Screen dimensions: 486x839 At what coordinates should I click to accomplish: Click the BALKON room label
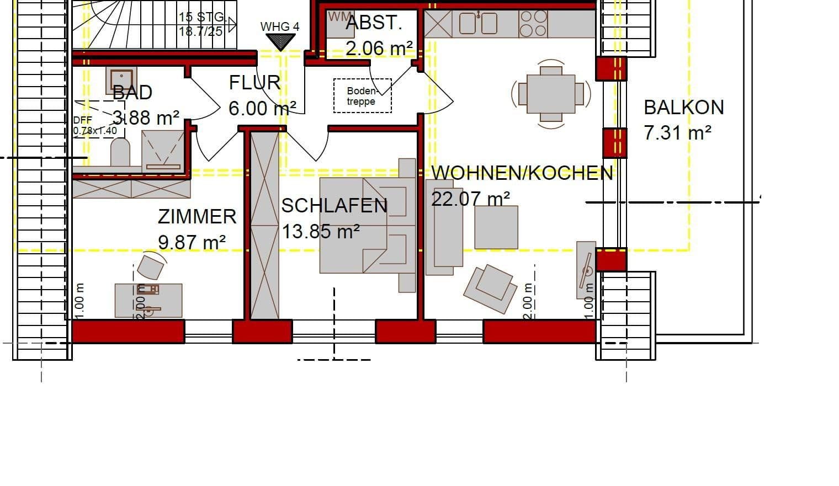coord(683,107)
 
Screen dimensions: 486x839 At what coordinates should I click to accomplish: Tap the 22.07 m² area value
coord(470,198)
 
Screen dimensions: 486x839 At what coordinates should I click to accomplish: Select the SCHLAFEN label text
coord(334,206)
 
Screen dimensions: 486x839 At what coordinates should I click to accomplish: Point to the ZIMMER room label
coord(197,216)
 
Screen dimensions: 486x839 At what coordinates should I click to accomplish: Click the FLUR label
coord(254,83)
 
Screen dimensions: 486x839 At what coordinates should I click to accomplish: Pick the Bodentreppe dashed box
coord(362,96)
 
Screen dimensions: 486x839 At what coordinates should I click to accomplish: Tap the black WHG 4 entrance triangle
coord(280,41)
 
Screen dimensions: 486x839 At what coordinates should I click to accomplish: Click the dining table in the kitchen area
coord(550,94)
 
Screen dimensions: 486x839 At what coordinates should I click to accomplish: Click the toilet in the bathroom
coord(120,152)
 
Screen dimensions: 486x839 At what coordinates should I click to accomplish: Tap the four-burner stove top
coord(533,24)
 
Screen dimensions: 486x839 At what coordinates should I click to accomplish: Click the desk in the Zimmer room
coord(148,300)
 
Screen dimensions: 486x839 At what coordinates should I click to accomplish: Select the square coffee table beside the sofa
coord(496,227)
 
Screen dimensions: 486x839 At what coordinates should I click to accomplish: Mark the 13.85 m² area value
coord(321,231)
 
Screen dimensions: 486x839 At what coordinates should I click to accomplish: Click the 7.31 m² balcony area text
coord(677,132)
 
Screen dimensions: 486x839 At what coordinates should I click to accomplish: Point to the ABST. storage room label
coord(374,23)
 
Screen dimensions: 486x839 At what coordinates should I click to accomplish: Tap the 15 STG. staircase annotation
coord(201,18)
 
